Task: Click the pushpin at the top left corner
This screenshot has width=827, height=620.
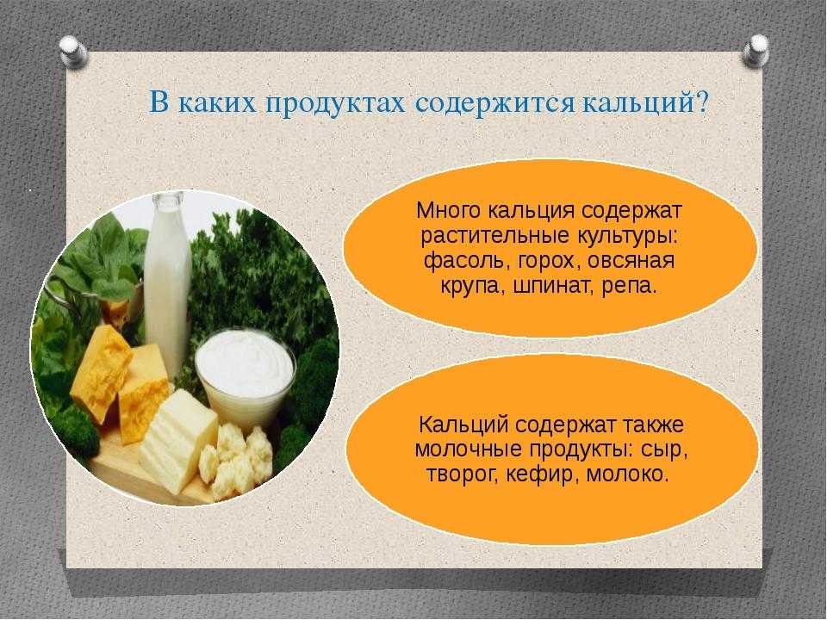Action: (x=73, y=51)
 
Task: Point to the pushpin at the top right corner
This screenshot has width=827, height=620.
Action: (x=755, y=50)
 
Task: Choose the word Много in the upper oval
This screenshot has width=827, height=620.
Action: (x=447, y=211)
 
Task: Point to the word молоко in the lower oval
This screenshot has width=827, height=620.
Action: (x=628, y=474)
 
